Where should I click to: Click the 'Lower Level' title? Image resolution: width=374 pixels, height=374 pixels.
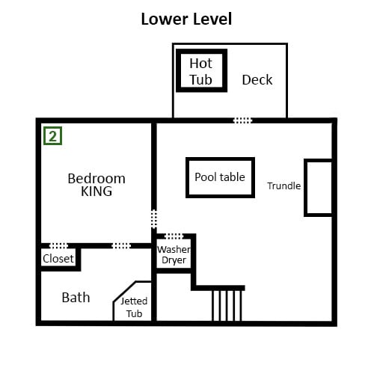coord(186,19)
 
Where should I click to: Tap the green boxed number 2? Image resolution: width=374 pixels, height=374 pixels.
coord(52,136)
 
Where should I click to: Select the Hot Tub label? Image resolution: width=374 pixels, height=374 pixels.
coord(200,71)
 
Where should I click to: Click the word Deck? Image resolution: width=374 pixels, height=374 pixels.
coord(257,80)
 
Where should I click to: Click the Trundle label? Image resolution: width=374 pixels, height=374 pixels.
coord(283,186)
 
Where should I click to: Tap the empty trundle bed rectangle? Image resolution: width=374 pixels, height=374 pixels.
coord(305,188)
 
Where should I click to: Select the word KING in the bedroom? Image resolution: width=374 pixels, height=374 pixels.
coord(96,191)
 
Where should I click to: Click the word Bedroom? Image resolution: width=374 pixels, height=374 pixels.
coord(96,179)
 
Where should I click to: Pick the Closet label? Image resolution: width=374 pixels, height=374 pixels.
coord(58,259)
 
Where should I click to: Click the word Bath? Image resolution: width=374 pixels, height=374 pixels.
coord(76,298)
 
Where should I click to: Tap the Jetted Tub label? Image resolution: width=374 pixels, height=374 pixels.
coord(134,307)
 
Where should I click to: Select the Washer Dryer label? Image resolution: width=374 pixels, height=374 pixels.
coord(174,254)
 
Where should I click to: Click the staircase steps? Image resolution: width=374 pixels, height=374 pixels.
coord(227,306)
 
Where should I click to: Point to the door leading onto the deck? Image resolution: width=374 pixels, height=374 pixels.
coord(242,120)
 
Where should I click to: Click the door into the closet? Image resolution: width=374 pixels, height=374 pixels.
coord(58,246)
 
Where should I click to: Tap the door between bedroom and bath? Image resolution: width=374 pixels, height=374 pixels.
coord(121,246)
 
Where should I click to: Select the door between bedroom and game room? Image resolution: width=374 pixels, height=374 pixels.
coord(154,219)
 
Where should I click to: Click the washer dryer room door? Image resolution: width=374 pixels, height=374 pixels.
coord(174,236)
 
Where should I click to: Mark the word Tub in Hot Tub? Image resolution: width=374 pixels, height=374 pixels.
coord(200,80)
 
